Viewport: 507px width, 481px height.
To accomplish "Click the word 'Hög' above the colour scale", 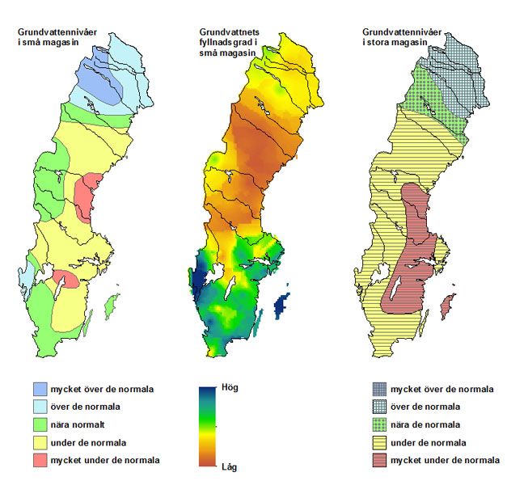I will click(230, 387).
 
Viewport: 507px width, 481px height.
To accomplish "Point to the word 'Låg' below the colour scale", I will click(230, 466).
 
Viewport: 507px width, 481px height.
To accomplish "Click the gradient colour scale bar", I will click(208, 427).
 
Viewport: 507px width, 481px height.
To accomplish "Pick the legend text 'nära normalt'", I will click(80, 424).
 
